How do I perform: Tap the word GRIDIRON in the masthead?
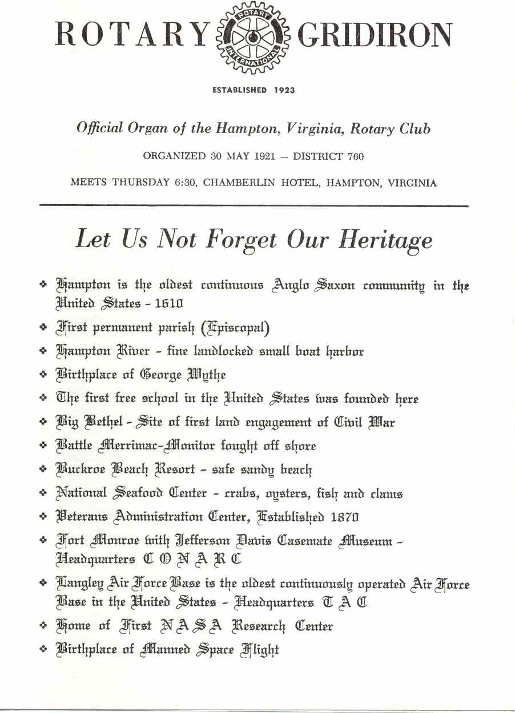(x=376, y=35)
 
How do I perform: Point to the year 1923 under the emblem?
(x=284, y=90)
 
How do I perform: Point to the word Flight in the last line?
(x=260, y=650)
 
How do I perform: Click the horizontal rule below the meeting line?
(x=254, y=205)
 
